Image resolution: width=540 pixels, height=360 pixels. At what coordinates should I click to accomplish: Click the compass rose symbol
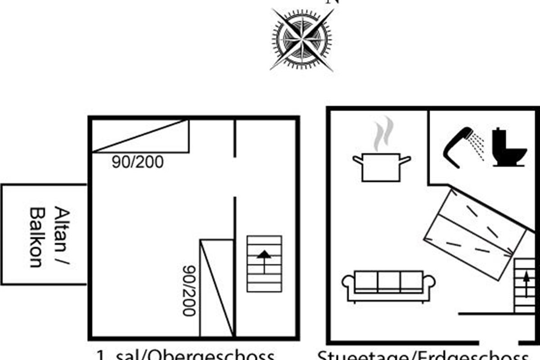302,40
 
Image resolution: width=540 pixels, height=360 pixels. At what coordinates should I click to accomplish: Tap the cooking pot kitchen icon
381,167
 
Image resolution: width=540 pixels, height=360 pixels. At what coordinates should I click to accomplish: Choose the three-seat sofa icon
389,285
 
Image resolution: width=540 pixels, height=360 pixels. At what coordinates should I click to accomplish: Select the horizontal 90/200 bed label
137,162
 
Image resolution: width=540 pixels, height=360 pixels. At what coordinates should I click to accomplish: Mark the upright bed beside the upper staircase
217,288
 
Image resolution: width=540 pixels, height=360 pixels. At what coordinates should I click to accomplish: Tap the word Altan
63,229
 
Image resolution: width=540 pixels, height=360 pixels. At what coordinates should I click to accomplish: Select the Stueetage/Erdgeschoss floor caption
423,354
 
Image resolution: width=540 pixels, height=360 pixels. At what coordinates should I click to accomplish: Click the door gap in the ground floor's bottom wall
502,341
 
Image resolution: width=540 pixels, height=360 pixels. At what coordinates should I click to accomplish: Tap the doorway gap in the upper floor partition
235,176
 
